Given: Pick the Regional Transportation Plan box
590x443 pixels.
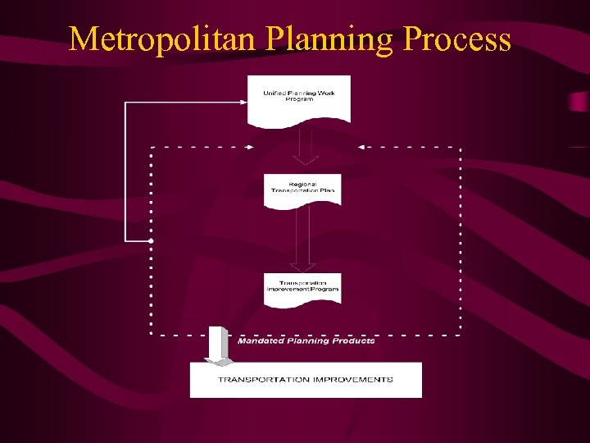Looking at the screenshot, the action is tap(302, 190).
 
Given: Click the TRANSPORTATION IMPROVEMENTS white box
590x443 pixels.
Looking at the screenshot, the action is tap(306, 380).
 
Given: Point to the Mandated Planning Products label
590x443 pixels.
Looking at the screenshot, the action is tap(306, 340).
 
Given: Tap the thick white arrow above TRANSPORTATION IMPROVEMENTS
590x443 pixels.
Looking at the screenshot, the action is tap(218, 345).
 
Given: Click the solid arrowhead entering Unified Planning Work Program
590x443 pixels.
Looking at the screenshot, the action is tap(243, 102).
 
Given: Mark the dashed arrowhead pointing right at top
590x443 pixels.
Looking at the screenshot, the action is tap(248, 148).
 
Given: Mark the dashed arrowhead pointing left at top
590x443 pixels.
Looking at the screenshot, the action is tap(361, 148).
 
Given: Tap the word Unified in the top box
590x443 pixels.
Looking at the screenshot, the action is tap(274, 94).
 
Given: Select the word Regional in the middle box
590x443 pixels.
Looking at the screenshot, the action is tap(303, 185).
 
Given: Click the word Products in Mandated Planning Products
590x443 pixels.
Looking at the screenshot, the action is tap(356, 340).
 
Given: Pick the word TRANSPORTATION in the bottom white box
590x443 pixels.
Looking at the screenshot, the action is tap(264, 380).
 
